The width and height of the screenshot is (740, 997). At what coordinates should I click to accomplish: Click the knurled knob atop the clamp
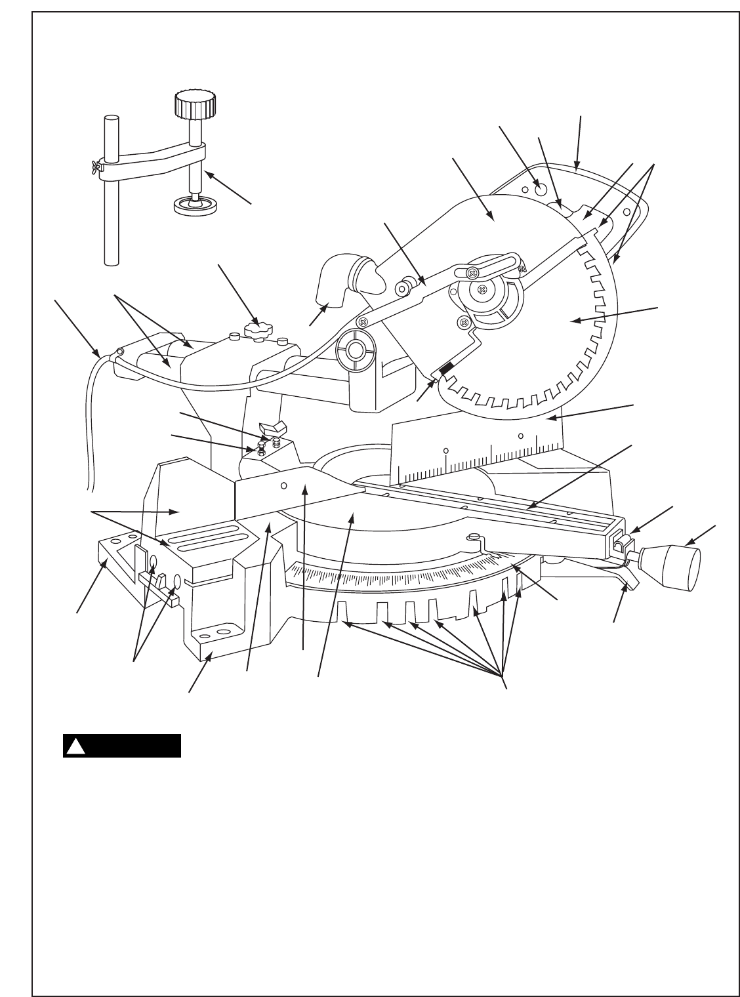point(195,104)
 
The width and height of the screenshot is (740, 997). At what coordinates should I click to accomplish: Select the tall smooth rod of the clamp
point(112,197)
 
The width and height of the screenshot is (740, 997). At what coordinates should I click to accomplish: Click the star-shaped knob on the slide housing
point(257,329)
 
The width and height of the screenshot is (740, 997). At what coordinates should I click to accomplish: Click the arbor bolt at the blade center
point(482,289)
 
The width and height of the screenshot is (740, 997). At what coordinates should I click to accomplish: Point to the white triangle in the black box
point(76,746)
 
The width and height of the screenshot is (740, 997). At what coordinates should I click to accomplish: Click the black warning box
point(122,746)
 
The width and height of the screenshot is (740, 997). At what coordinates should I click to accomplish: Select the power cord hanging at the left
point(90,420)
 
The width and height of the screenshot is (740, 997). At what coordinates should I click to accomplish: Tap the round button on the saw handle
point(541,190)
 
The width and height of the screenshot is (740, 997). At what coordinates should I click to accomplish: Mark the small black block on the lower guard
point(445,371)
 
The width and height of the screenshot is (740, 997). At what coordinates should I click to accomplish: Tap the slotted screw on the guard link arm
point(472,272)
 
